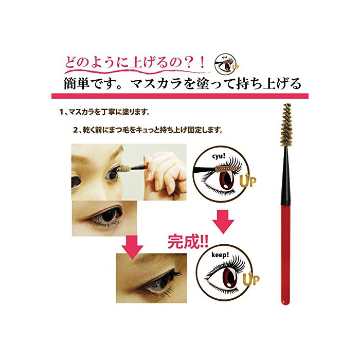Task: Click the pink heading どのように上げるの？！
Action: [135, 63]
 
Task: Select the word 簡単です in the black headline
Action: [92, 83]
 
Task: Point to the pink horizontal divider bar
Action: [180, 96]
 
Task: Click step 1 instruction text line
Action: [104, 113]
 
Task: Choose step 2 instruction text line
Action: [148, 131]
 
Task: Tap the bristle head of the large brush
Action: [285, 125]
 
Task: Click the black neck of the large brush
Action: [285, 176]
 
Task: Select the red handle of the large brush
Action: [285, 255]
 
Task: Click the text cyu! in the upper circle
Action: [218, 156]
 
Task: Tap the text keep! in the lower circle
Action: [220, 255]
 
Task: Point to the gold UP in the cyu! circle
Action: [247, 181]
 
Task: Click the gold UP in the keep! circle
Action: [251, 278]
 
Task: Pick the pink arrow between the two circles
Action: [223, 222]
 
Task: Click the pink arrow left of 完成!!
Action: [133, 247]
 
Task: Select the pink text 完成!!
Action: [188, 242]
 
